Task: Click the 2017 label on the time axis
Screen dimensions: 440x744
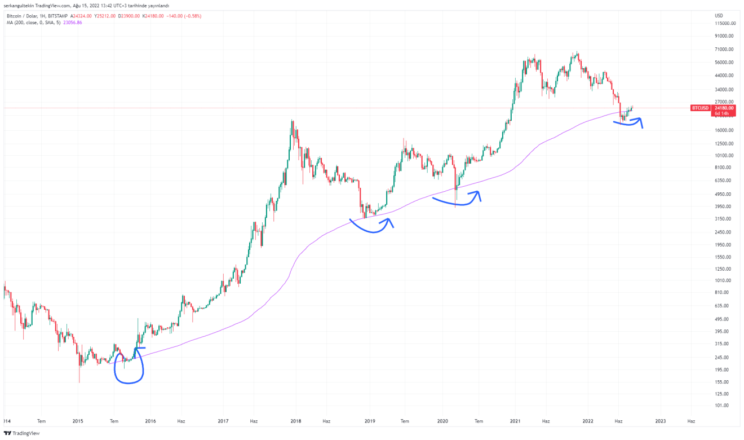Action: [223, 421]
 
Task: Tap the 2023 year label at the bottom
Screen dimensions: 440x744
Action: [661, 421]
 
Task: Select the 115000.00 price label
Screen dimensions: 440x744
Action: [725, 23]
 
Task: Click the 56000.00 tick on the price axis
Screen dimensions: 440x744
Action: [724, 63]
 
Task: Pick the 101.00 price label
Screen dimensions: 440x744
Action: [721, 406]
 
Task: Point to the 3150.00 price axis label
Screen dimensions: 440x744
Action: [723, 219]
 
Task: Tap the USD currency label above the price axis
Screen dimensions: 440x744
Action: [719, 15]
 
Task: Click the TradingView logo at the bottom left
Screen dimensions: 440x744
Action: [22, 433]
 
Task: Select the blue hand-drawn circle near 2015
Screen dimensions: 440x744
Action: [129, 367]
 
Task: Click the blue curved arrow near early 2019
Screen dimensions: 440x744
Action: [372, 226]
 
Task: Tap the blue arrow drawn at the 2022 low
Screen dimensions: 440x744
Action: [628, 122]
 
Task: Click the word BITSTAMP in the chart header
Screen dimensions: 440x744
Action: [60, 16]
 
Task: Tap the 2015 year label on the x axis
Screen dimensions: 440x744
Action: [78, 421]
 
